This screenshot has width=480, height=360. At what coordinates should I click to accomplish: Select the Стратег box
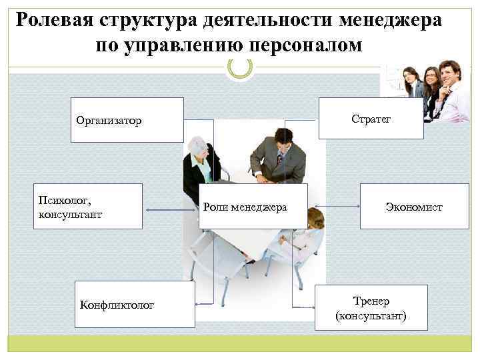(371, 119)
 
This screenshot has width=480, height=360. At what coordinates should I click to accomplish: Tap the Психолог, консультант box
(89, 207)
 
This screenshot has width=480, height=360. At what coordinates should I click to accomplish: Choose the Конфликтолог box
(135, 305)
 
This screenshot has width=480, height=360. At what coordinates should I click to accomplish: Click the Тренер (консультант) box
(371, 307)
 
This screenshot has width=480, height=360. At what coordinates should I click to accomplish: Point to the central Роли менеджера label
(245, 207)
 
